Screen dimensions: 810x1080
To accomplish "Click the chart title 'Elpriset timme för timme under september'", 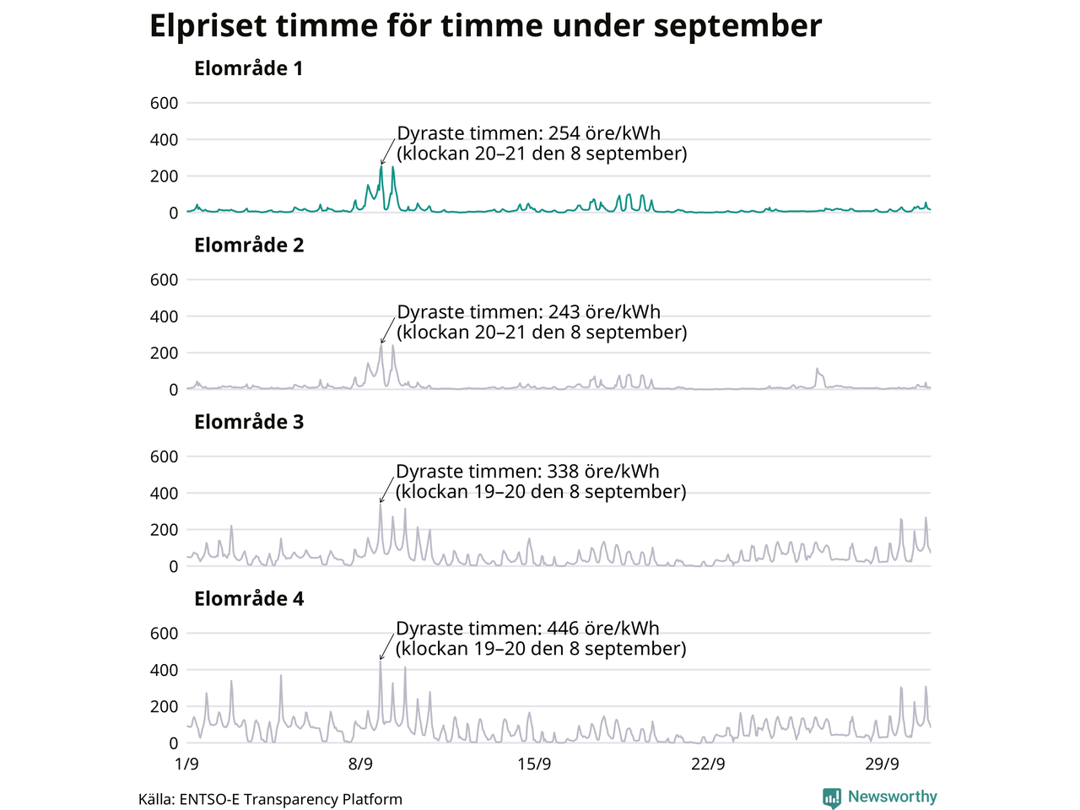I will (x=485, y=26).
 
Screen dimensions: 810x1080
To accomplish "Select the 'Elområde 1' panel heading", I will (x=248, y=68).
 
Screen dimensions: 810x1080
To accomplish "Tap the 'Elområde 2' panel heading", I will (x=248, y=246).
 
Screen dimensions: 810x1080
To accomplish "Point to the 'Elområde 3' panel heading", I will (x=248, y=422).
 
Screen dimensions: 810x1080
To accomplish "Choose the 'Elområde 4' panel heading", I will (x=248, y=599).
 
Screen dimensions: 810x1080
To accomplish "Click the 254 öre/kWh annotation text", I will (x=542, y=143).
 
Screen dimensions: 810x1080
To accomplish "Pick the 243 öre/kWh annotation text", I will (x=542, y=321).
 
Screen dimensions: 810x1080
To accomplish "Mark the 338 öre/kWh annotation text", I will (x=541, y=482).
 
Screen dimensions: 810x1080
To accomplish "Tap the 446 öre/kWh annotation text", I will (x=541, y=639).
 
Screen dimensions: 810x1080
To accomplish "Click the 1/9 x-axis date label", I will (x=186, y=764).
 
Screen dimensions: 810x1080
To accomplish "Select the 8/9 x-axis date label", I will (x=360, y=764).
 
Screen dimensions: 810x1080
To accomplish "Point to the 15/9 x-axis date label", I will (x=534, y=764).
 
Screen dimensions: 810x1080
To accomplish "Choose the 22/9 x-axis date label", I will (x=708, y=764).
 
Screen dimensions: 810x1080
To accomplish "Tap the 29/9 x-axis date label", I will (x=882, y=764).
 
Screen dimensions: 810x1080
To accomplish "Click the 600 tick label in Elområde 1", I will (x=164, y=103).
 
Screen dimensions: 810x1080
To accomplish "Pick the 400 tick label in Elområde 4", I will (x=164, y=670).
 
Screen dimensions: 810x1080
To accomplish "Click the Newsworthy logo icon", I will (x=832, y=797).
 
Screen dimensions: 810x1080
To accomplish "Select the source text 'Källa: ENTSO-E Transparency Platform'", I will (x=270, y=799).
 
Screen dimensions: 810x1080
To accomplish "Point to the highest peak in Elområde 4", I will (x=381, y=661).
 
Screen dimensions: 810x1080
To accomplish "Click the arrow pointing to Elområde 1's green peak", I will (x=388, y=152).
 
